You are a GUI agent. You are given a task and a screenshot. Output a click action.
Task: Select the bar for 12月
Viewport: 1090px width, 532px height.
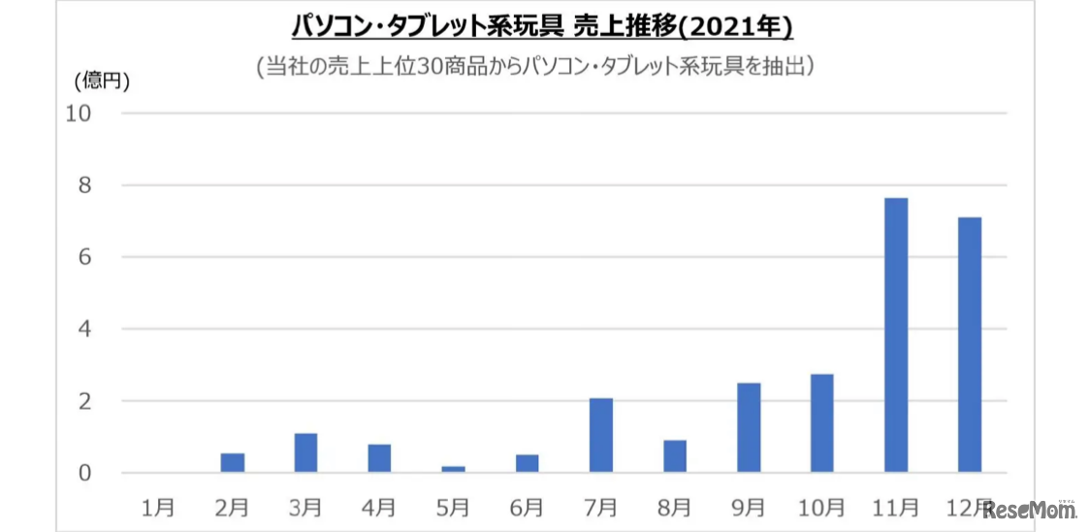(x=969, y=345)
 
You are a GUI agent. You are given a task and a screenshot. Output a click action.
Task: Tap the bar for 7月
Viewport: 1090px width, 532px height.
(x=600, y=435)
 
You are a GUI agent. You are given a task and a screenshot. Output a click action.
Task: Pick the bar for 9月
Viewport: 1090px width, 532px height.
(x=748, y=427)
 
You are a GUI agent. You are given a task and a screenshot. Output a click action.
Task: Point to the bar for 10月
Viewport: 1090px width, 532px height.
(x=821, y=423)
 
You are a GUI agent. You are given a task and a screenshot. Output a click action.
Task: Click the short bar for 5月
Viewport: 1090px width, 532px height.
(x=453, y=469)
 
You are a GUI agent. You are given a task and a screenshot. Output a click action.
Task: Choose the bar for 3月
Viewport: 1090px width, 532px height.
(x=305, y=452)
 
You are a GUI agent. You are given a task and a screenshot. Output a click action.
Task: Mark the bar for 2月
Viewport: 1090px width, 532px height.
(x=232, y=462)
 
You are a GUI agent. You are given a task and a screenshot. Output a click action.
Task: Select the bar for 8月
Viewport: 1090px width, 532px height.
(x=674, y=456)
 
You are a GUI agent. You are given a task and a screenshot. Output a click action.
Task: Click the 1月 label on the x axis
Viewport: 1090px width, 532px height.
(x=158, y=506)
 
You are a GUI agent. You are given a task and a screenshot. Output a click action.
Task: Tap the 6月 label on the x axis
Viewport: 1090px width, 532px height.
(x=527, y=506)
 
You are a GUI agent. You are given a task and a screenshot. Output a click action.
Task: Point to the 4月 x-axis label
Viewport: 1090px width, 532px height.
(x=379, y=506)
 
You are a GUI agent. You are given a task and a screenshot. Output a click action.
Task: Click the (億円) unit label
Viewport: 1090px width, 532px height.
(x=102, y=82)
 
